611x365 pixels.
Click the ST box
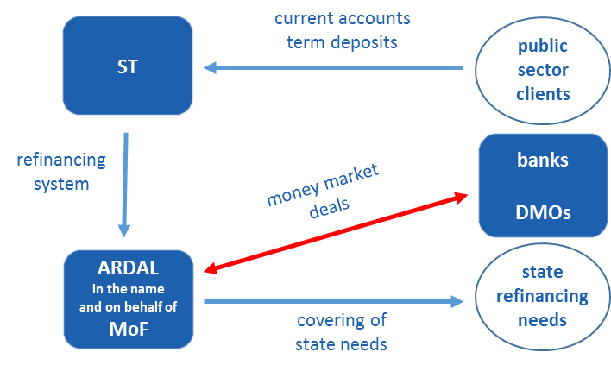pos(127,66)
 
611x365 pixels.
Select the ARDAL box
pos(128,298)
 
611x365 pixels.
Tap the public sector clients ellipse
pos(543,70)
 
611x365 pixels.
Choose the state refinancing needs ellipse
pos(543,296)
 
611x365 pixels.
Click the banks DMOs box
pos(543,185)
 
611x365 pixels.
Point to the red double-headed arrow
pos(337,233)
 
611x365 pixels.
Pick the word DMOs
pos(543,211)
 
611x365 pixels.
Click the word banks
pos(543,160)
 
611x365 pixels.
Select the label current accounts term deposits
pos(342,29)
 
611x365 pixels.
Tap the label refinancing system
pos(61,172)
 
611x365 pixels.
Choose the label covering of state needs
pos(342,332)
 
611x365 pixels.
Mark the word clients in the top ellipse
pos(543,93)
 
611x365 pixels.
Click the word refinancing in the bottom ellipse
pos(543,296)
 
